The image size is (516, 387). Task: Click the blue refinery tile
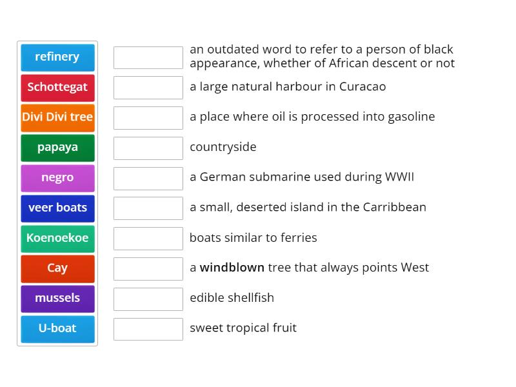57,57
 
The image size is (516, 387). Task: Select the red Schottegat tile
57,87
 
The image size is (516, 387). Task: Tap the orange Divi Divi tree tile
57,117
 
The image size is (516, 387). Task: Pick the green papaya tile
57,148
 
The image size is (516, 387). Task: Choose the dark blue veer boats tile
57,208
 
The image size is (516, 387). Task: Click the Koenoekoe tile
57,238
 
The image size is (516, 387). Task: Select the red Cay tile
57,268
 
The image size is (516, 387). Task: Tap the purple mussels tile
57,298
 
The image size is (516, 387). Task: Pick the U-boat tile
57,328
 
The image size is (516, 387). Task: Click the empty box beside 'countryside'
148,148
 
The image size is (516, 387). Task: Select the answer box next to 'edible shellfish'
148,299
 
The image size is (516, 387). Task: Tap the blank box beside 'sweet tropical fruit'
148,329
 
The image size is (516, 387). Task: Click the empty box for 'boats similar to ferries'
148,238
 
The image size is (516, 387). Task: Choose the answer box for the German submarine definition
148,178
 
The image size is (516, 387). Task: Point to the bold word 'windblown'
232,268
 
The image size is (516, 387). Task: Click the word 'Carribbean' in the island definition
394,207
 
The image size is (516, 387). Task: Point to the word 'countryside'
223,147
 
